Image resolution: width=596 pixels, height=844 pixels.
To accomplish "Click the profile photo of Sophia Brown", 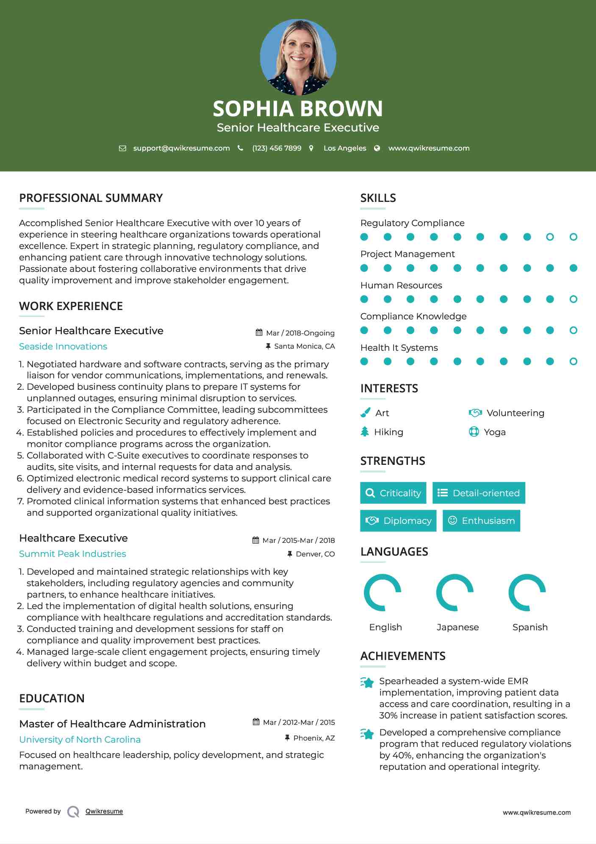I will [298, 57].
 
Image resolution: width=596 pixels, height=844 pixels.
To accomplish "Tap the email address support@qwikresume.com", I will [181, 148].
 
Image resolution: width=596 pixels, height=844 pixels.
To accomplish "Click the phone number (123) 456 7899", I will [277, 148].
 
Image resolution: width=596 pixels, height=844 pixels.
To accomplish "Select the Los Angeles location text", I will [344, 148].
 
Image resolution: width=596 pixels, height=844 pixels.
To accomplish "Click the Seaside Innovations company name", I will [63, 347].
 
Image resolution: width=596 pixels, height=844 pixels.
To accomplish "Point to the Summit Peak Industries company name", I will [72, 554].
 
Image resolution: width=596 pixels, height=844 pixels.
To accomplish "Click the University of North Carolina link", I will [80, 740].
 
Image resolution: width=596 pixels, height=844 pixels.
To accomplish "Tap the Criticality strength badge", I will [393, 493].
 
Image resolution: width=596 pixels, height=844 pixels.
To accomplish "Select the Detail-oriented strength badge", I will [479, 493].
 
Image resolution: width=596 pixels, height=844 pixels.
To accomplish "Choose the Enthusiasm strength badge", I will [481, 521].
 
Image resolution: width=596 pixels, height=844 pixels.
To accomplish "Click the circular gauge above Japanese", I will [455, 592].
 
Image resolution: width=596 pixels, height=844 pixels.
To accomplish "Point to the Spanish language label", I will [530, 627].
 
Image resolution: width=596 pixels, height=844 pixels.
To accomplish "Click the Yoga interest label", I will [494, 432].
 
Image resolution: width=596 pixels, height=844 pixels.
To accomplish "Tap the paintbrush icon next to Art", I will [365, 413].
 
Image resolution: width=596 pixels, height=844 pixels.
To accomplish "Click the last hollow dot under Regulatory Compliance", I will [573, 237].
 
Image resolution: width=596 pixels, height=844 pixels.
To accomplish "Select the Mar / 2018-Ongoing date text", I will [300, 333].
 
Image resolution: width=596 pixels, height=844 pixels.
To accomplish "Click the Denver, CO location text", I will [315, 554].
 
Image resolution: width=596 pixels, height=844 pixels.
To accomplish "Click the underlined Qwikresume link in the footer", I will [104, 811].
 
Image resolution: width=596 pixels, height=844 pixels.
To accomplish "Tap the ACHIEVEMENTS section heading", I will [403, 656].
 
